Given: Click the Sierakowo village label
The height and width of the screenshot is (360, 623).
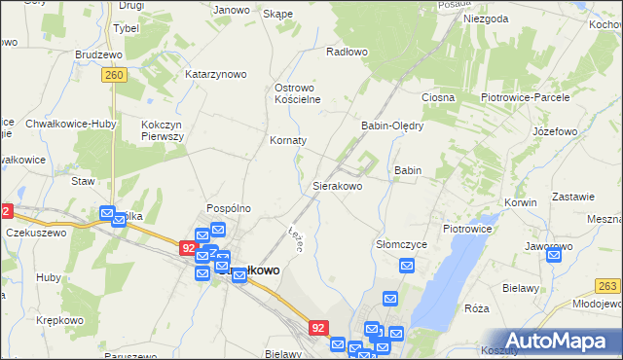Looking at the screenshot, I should click(337, 185).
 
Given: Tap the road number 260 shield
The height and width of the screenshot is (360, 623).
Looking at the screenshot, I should click(115, 74).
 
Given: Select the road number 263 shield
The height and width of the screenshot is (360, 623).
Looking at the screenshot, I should click(608, 285).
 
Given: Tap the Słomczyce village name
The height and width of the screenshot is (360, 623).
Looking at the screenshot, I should click(401, 244).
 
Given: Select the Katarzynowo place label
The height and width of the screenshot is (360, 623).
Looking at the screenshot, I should click(216, 74).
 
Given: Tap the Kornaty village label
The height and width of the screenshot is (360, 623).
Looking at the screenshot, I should click(288, 140).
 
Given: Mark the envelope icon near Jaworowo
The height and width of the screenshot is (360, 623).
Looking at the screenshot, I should click(554, 256).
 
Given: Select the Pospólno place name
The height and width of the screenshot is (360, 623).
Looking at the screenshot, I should click(229, 208).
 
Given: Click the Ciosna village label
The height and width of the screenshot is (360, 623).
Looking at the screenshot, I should click(438, 98).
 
